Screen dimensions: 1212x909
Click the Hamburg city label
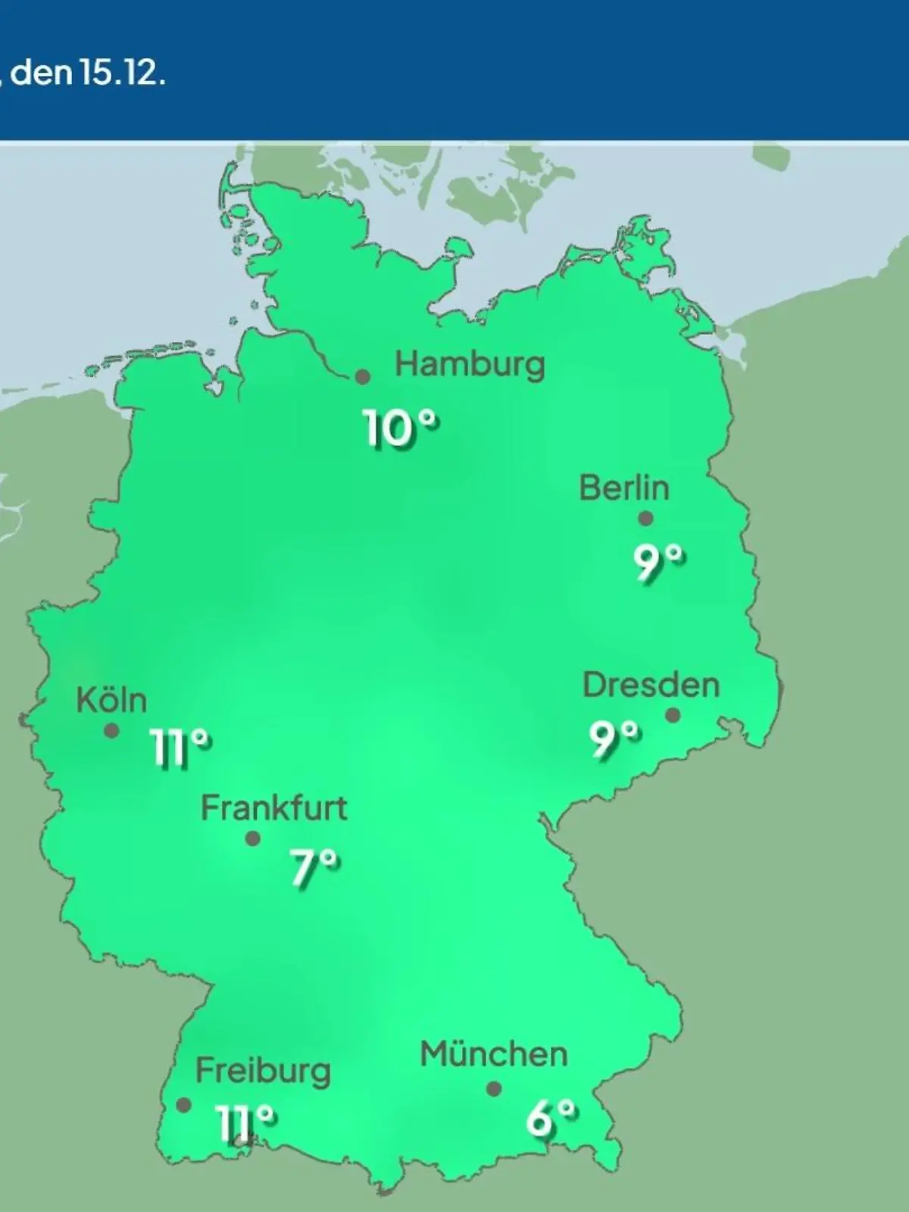click(470, 365)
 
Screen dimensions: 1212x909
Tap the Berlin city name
click(624, 488)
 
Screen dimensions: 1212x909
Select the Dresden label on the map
click(651, 686)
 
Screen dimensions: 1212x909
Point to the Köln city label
click(111, 701)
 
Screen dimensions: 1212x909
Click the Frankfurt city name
click(273, 809)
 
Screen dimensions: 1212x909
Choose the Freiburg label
click(263, 1071)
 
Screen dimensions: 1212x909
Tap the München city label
click(493, 1054)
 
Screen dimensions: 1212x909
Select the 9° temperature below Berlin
click(659, 564)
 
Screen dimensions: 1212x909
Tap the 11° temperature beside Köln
click(180, 748)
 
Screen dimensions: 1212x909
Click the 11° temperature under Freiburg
click(245, 1122)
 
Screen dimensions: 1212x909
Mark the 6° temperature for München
click(551, 1118)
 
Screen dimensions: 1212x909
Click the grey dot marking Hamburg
click(364, 376)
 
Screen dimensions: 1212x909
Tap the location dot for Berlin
click(645, 519)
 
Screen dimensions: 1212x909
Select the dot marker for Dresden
click(673, 715)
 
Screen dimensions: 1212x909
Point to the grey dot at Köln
click(111, 731)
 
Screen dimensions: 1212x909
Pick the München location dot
click(494, 1089)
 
